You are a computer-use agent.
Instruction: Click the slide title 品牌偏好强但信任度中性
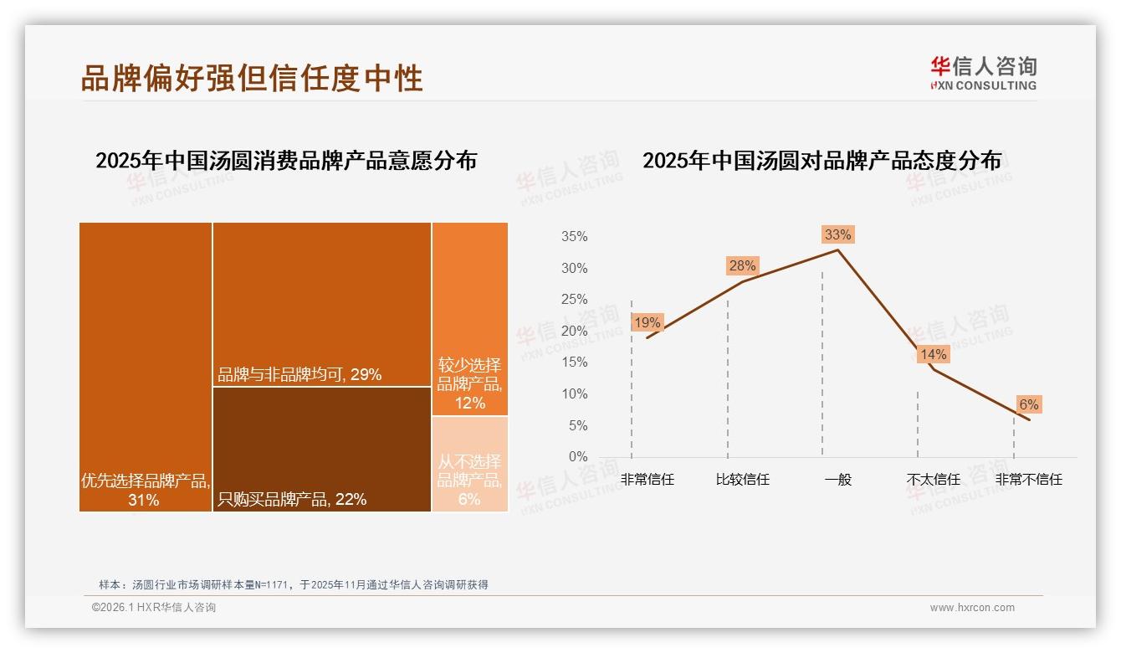(252, 78)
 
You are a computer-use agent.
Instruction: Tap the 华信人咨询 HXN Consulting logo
(983, 73)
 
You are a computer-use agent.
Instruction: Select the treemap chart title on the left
(286, 161)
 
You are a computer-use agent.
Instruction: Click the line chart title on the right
(822, 161)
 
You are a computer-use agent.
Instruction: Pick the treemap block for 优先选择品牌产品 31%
(146, 366)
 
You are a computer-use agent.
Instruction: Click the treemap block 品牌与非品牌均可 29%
(322, 304)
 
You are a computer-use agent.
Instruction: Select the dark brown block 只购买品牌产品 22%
(322, 449)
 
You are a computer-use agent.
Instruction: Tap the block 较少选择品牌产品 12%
(470, 319)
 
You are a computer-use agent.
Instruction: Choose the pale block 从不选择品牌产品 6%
(470, 464)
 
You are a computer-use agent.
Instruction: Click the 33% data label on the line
(837, 234)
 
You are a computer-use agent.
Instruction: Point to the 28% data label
(742, 266)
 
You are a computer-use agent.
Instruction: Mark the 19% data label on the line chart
(647, 322)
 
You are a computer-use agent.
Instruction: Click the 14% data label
(933, 355)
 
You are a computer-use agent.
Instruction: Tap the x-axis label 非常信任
(647, 480)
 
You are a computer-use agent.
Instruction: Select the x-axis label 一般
(837, 480)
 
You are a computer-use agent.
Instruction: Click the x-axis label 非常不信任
(1028, 480)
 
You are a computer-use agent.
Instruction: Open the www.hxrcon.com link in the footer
(972, 608)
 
